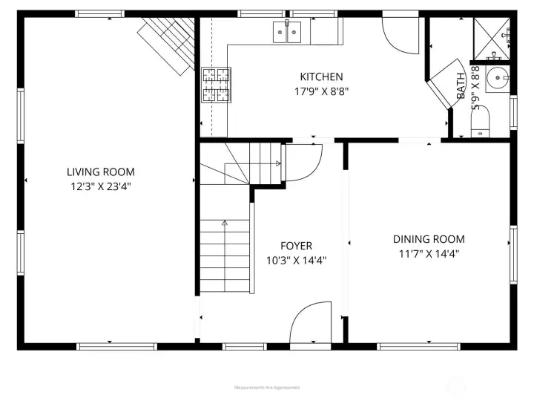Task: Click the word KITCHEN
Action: click(x=321, y=76)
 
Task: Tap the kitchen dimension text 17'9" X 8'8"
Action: click(x=321, y=91)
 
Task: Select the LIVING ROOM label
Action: click(x=101, y=172)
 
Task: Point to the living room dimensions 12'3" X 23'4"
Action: click(x=101, y=186)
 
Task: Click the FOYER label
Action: click(x=296, y=246)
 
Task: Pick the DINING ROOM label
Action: click(x=429, y=238)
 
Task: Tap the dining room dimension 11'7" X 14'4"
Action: click(x=429, y=253)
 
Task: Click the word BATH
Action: click(x=461, y=86)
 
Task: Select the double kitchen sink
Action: click(x=288, y=31)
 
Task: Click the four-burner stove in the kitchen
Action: click(x=216, y=84)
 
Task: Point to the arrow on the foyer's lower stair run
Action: click(x=225, y=222)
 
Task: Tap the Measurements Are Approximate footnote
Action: click(x=267, y=387)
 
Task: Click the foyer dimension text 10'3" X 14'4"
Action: click(x=296, y=261)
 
